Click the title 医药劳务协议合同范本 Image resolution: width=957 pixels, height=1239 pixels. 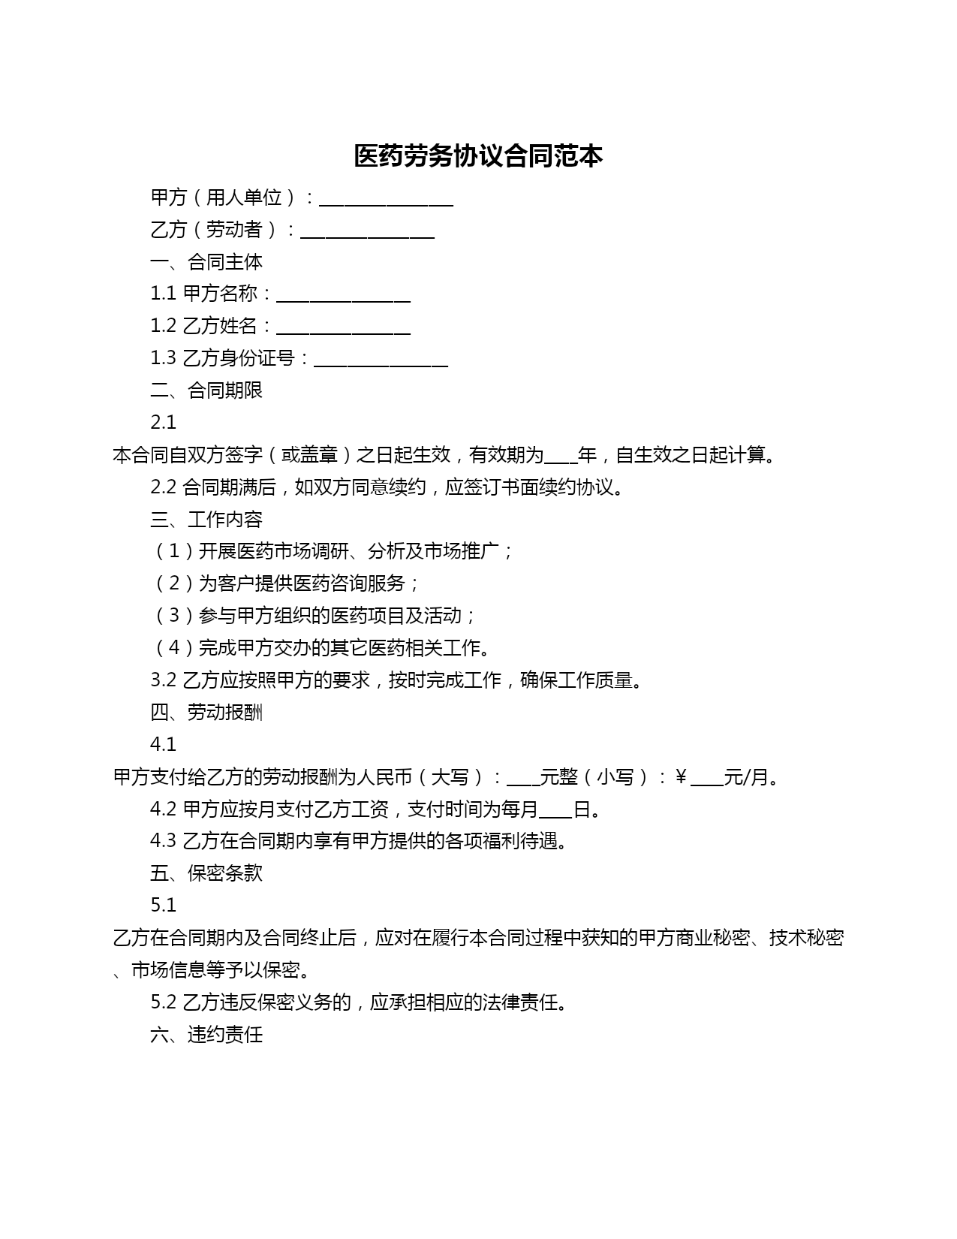point(478,156)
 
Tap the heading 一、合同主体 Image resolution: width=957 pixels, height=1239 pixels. point(206,262)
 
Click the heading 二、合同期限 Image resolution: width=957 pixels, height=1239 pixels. point(206,390)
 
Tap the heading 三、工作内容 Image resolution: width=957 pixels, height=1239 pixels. point(206,520)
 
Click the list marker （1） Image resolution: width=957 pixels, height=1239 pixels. point(174,552)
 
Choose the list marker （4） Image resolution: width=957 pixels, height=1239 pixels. point(174,648)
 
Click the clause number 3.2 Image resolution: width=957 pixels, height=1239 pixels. point(163,680)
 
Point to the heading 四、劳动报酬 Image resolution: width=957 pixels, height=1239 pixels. point(206,713)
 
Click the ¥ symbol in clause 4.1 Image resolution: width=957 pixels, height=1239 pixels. point(681,777)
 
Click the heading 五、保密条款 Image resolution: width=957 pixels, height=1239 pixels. point(206,873)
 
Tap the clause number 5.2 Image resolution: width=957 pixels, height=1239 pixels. point(163,1002)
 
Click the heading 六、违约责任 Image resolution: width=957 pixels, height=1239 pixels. point(206,1035)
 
